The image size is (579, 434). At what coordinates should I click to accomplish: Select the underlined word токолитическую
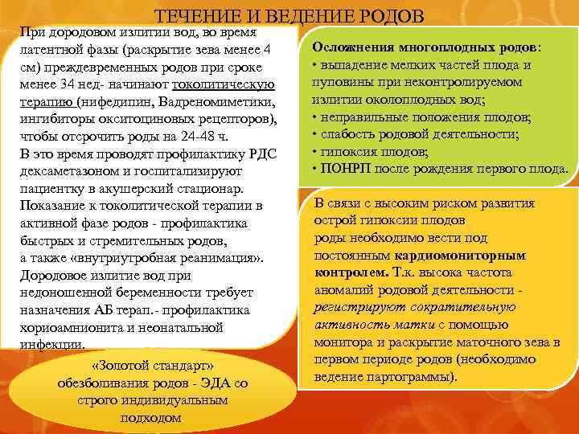[226, 85]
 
